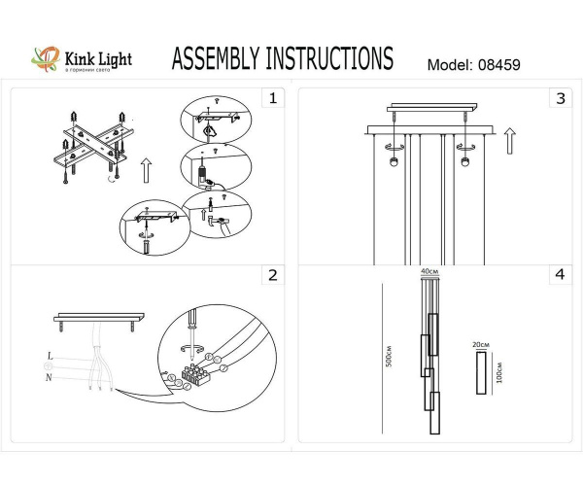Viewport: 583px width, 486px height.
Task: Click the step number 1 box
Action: click(273, 98)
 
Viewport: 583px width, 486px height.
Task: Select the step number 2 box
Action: click(273, 275)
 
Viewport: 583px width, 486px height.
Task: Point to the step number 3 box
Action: click(560, 98)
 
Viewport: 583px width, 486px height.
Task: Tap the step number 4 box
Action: click(560, 275)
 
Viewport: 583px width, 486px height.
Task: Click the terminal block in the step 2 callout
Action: click(199, 374)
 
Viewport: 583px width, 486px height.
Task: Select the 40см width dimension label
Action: click(429, 271)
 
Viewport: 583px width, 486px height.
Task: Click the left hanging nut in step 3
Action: click(394, 160)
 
